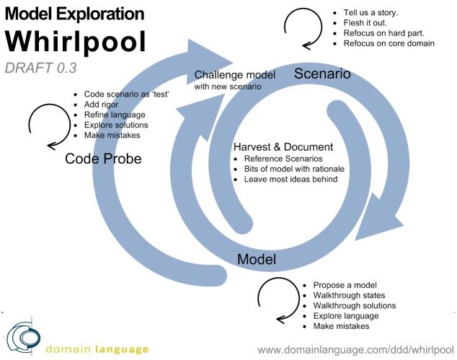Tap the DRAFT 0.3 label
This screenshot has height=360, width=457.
point(41,68)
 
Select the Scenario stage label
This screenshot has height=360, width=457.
point(322,73)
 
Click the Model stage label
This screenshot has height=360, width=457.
point(257,259)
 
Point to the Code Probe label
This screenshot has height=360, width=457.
point(103,159)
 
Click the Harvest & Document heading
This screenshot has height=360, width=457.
point(283,146)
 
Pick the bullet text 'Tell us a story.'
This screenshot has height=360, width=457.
point(371,13)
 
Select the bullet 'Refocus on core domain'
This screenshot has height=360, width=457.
point(389,43)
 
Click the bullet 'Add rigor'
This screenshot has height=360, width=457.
point(101,105)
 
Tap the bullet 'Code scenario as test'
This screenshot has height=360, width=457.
point(126,95)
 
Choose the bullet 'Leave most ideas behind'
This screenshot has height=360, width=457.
point(291,179)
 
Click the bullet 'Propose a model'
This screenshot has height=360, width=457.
point(345,285)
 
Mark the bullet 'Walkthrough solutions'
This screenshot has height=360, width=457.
point(355,306)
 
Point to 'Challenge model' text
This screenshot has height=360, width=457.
point(234,75)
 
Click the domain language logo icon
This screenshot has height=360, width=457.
point(23,338)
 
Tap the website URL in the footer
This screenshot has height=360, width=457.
point(355,350)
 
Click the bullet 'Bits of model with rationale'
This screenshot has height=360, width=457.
point(294,169)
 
